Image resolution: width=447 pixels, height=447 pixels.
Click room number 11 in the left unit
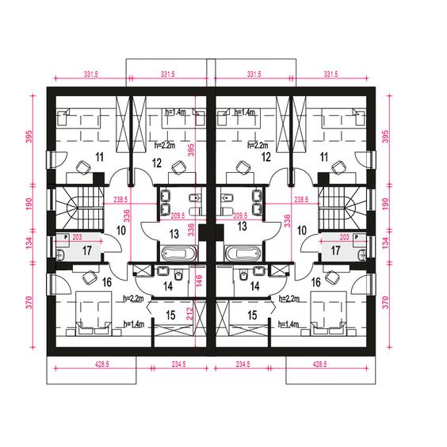100,157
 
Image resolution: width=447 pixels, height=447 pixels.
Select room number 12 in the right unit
266,158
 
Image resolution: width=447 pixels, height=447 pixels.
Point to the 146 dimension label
199,281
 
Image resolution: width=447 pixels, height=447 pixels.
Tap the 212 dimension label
190,313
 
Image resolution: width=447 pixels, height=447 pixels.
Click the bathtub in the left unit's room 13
179,254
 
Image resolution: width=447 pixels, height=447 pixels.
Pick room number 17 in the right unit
335,251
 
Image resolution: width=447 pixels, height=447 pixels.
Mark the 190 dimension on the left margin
29,204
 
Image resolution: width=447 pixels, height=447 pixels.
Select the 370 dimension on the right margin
385,303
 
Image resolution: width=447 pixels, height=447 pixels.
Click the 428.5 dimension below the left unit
101,364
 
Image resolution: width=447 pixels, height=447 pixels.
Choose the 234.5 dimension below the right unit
243,364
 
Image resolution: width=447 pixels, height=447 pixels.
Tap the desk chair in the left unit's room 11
83,167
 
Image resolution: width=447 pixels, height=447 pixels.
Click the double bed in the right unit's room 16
328,313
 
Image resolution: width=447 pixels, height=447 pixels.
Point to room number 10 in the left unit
121,231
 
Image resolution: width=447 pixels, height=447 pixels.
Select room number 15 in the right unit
252,315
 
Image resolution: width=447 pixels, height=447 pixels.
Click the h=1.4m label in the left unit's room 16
134,324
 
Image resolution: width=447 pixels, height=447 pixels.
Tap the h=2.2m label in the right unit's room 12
258,145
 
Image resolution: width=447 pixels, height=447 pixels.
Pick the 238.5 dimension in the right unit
301,199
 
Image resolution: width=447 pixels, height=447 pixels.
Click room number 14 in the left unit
168,286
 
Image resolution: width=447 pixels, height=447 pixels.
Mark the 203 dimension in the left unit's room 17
77,237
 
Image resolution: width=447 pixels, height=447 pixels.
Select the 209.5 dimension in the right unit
240,216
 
